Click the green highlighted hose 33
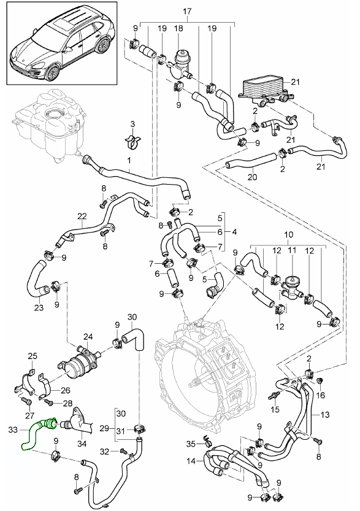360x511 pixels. coord(32,434)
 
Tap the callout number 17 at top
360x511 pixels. coord(187,12)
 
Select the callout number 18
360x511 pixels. coord(178,28)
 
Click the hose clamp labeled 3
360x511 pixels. coord(133,142)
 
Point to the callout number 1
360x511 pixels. coord(129,160)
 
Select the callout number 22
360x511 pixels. coord(82,215)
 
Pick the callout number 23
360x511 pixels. coord(39,307)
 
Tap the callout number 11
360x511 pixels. coord(292,251)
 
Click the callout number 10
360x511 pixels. coord(289,234)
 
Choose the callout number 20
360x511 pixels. coord(252,177)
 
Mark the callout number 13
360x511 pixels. coord(325,415)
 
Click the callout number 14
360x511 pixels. coord(191,461)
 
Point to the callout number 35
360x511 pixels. coord(191,444)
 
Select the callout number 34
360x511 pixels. coord(82,444)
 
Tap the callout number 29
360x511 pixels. coord(104,428)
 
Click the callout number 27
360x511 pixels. coord(29,415)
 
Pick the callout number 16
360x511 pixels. coord(320,395)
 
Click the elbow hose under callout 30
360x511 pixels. coord(134,340)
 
